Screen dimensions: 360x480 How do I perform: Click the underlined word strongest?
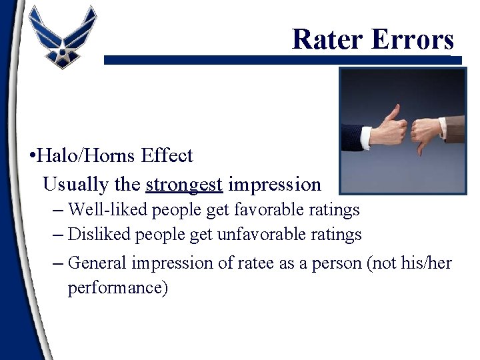point(184,184)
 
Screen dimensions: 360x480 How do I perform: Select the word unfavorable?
point(269,235)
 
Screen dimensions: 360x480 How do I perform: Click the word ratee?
point(253,263)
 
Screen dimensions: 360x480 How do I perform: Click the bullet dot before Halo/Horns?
point(32,157)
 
